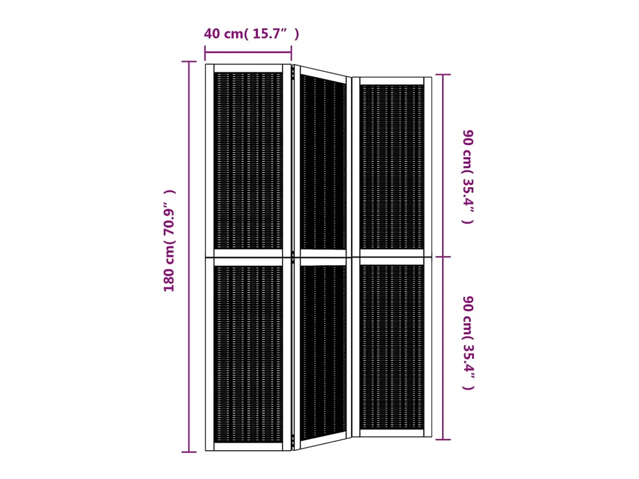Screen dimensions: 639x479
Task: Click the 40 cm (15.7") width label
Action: coord(251,34)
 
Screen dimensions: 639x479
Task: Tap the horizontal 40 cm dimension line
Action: coord(248,52)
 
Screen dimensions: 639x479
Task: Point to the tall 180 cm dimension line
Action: coord(189,257)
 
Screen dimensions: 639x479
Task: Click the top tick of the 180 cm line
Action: coord(189,62)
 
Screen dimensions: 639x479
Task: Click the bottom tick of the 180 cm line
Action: coord(189,452)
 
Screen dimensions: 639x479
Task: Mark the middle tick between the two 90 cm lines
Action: coord(443,257)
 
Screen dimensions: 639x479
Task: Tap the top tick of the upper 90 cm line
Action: coord(443,75)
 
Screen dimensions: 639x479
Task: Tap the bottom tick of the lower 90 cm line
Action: coord(443,440)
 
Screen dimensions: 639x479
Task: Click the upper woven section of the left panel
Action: coord(248,161)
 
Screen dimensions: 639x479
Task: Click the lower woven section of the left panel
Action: coord(248,354)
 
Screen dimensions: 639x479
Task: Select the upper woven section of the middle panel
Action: coord(323,163)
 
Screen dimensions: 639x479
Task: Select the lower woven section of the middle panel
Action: coord(323,353)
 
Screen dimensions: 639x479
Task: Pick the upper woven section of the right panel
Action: coord(392,167)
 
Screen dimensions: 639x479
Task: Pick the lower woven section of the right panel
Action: coord(392,347)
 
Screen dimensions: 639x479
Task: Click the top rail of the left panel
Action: coord(248,68)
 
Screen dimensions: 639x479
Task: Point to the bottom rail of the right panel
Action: coord(392,433)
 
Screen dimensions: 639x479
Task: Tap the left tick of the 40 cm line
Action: coord(205,53)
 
